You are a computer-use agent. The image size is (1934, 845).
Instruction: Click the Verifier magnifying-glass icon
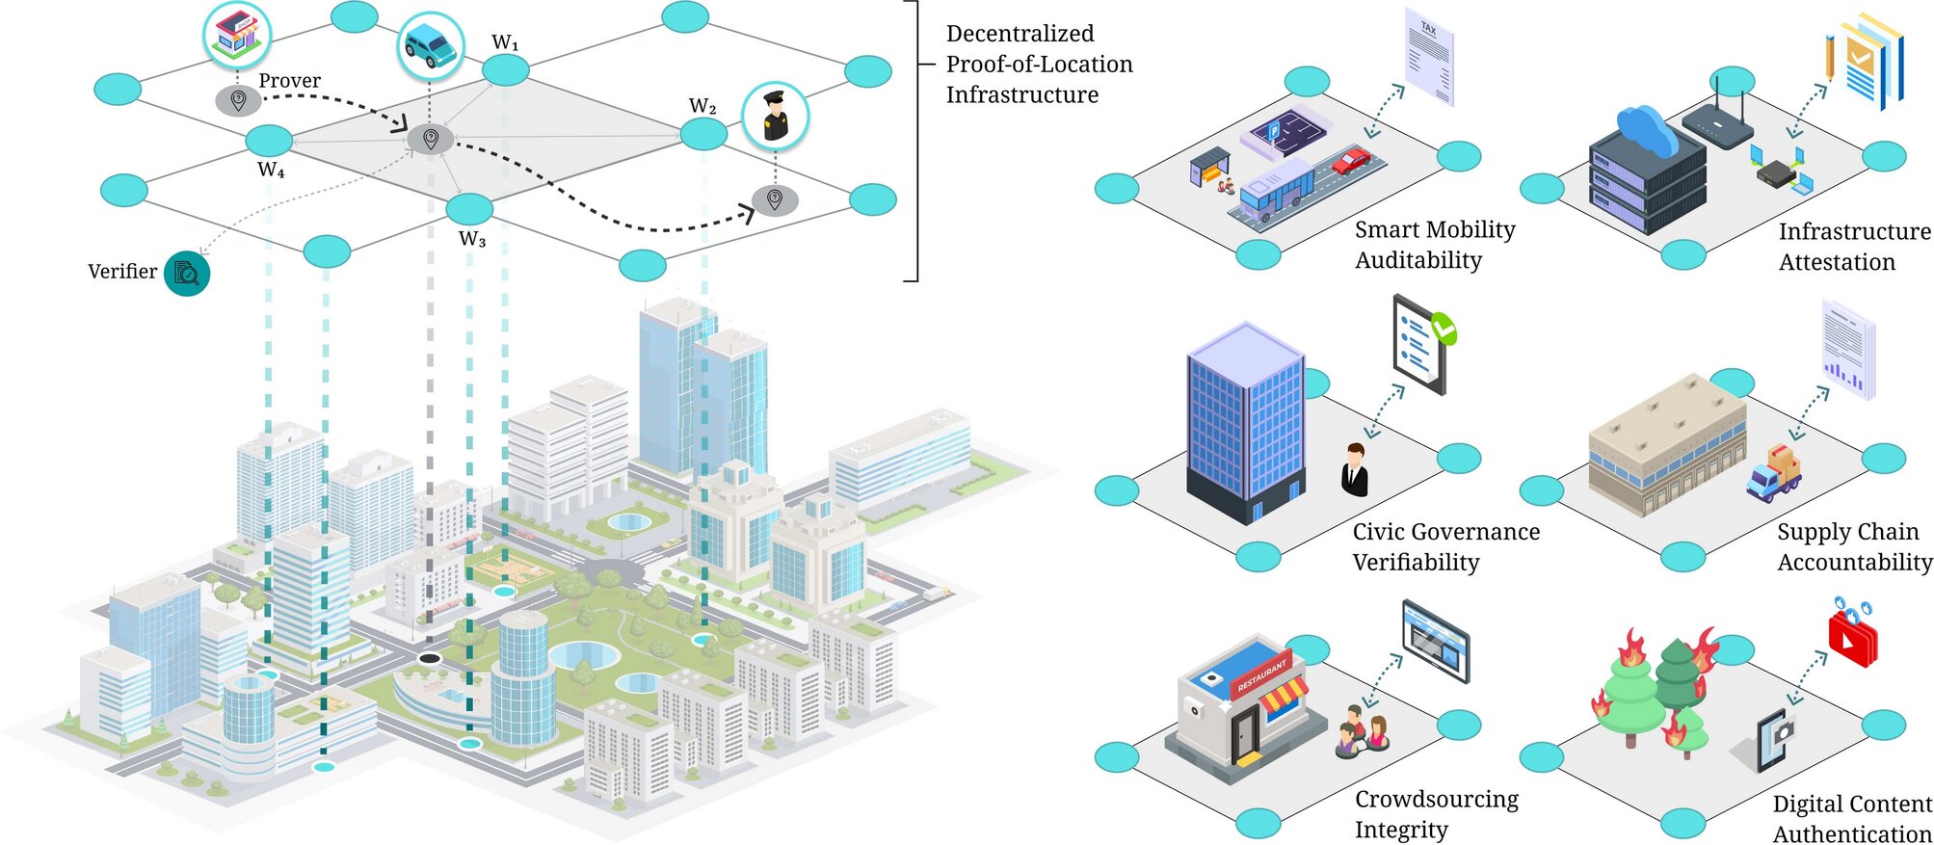pos(187,274)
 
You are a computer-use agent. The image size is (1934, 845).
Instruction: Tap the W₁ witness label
pos(505,43)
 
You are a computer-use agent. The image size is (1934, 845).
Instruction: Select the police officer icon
pos(775,116)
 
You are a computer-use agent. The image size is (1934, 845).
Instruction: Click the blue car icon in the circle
pos(431,44)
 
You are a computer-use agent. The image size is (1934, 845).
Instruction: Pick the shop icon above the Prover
pos(237,34)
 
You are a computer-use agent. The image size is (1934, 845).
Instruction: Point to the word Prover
pos(289,81)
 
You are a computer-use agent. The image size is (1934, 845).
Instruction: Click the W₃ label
pos(472,239)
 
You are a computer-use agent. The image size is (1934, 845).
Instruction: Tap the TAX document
pos(1429,56)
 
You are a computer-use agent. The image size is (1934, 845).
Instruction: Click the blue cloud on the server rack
pos(1648,131)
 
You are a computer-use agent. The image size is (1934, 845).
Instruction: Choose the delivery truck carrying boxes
pos(1774,472)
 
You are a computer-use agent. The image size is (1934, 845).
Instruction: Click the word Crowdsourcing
pos(1436,799)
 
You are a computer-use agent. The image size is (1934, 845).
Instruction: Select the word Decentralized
pos(1020,34)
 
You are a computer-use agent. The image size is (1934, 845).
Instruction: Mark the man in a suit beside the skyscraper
pos(1355,469)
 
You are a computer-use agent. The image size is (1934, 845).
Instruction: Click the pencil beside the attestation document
pos(1829,57)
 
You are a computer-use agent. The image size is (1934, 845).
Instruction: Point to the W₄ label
pos(271,171)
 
